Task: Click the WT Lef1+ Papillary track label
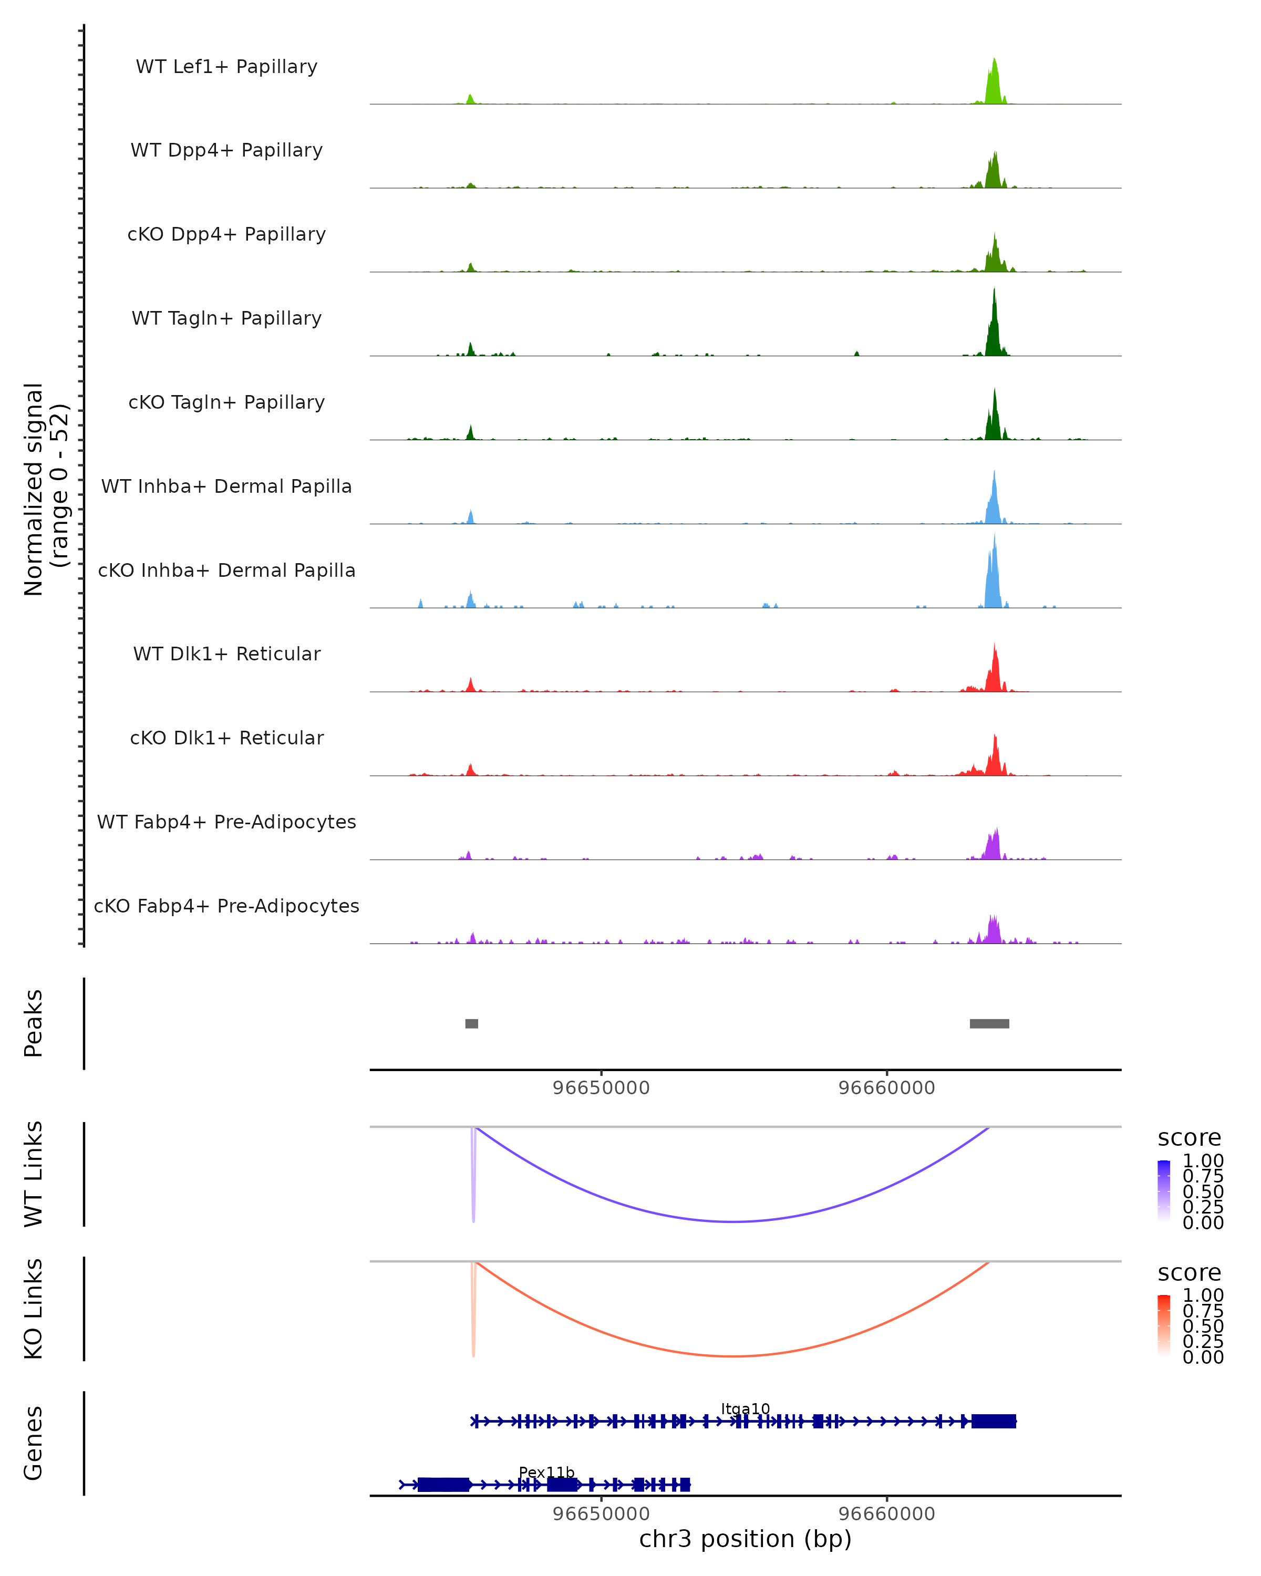(226, 67)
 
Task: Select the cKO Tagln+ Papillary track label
(226, 402)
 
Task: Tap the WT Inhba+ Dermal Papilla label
(226, 486)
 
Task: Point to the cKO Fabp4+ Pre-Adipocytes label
(226, 906)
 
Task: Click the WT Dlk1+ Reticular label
(226, 654)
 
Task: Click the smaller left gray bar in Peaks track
(471, 1023)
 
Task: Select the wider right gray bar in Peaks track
(989, 1023)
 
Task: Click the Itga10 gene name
(745, 1408)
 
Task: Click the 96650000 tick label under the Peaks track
(601, 1088)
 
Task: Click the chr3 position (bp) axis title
(745, 1539)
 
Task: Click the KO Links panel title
(34, 1309)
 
